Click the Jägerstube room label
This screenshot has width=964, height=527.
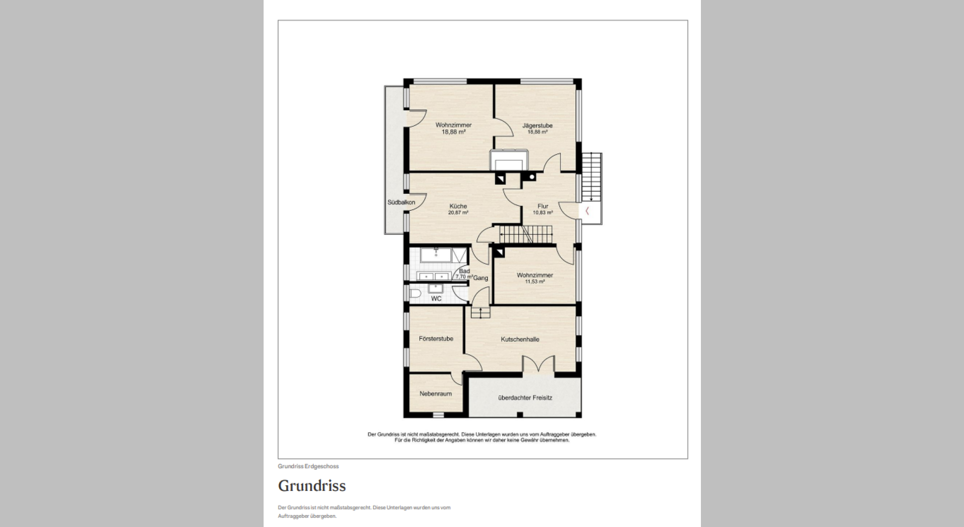pos(537,125)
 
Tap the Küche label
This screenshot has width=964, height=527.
pos(458,206)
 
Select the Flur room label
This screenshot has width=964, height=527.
pos(543,206)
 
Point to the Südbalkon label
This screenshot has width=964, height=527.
pos(401,202)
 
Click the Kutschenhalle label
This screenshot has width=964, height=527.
pos(520,339)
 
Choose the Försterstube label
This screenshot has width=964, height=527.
pos(436,339)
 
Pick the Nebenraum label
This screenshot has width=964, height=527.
pos(435,394)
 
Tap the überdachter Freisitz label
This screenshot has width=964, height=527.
pos(525,398)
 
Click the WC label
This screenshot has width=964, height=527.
pos(436,299)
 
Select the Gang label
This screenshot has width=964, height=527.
pos(480,278)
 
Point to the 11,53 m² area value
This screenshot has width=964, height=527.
pos(535,282)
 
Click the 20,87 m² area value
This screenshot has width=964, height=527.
pos(458,213)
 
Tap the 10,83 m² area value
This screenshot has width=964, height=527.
pos(543,213)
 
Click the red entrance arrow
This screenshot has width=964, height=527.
pos(587,211)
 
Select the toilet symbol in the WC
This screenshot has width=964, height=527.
pos(415,293)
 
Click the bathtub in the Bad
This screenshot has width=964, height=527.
pos(436,255)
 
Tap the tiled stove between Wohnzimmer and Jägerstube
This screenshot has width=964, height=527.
pos(509,161)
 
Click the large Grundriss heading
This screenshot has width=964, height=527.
pos(312,486)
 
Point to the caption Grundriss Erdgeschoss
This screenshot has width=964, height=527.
pos(308,466)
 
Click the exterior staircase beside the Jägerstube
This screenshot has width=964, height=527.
pos(591,177)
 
